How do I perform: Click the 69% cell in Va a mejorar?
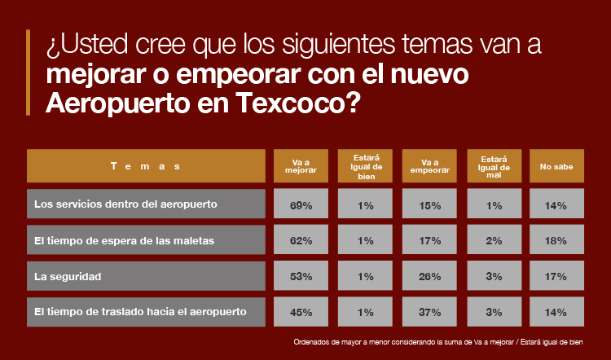pyautogui.click(x=301, y=205)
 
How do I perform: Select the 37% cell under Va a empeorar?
pyautogui.click(x=431, y=312)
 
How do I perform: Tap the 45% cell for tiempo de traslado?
pyautogui.click(x=301, y=312)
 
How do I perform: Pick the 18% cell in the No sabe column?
pyautogui.click(x=556, y=241)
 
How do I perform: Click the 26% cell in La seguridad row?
pyautogui.click(x=431, y=277)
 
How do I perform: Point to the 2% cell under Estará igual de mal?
pyautogui.click(x=494, y=241)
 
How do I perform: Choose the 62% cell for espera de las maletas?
pyautogui.click(x=301, y=241)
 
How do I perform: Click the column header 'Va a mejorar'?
pyautogui.click(x=301, y=166)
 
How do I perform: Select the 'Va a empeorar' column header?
pyautogui.click(x=431, y=166)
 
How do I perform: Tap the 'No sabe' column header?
pyautogui.click(x=556, y=166)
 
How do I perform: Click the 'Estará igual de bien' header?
pyautogui.click(x=366, y=166)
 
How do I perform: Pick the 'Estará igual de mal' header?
pyautogui.click(x=494, y=166)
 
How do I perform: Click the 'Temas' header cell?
pyautogui.click(x=146, y=166)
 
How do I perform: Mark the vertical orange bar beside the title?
pyautogui.click(x=29, y=72)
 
